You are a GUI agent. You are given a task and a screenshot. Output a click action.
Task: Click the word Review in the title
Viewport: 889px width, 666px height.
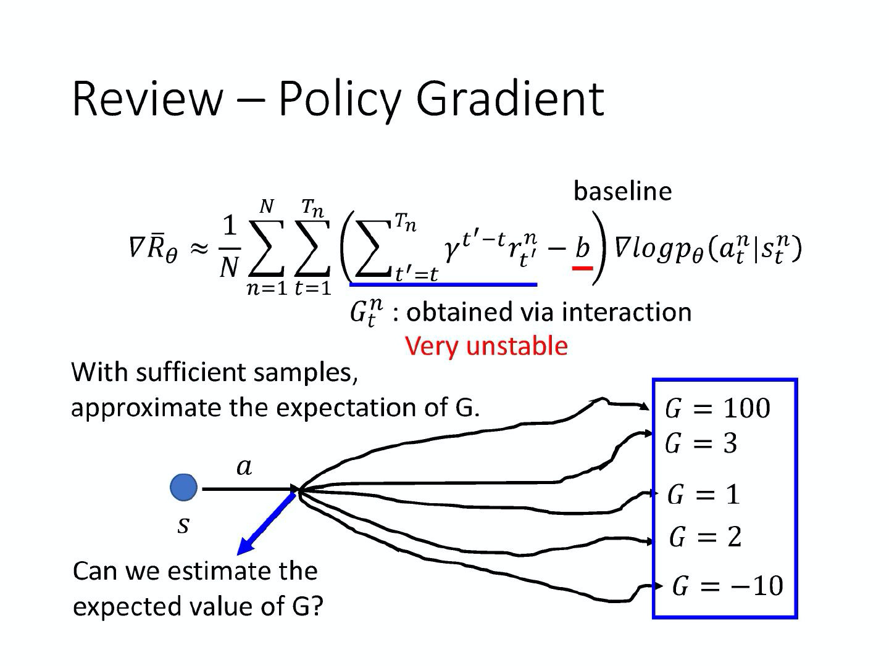[147, 98]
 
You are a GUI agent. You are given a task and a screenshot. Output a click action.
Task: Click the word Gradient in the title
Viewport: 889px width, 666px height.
[510, 99]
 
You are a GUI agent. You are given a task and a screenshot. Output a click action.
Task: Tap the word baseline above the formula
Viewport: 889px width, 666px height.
[622, 191]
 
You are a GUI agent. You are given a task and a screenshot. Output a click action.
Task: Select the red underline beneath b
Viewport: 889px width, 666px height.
[583, 268]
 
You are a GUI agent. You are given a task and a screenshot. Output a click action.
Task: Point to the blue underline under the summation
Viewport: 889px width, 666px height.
[443, 284]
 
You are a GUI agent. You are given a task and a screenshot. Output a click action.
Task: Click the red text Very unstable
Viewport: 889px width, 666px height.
[486, 345]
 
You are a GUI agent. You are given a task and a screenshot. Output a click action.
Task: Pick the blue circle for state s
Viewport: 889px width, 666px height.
[183, 487]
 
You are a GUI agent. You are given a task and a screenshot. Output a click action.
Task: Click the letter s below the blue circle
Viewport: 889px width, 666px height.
[183, 525]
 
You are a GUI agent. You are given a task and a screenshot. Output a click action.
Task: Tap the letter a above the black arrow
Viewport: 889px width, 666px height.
[244, 467]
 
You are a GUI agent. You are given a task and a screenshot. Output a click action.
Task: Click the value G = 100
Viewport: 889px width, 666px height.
[717, 408]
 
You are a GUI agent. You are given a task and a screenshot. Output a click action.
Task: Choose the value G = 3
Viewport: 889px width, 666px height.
[701, 443]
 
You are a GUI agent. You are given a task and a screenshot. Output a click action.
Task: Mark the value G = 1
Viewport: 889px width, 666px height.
[703, 495]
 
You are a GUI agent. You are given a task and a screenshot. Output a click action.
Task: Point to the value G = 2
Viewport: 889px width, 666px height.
[705, 537]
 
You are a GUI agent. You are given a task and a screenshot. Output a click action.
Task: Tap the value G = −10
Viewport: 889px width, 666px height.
[727, 586]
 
